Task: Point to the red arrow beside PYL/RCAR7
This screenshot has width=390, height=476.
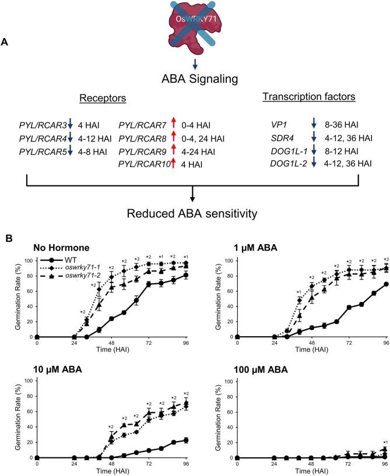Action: pyautogui.click(x=172, y=123)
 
